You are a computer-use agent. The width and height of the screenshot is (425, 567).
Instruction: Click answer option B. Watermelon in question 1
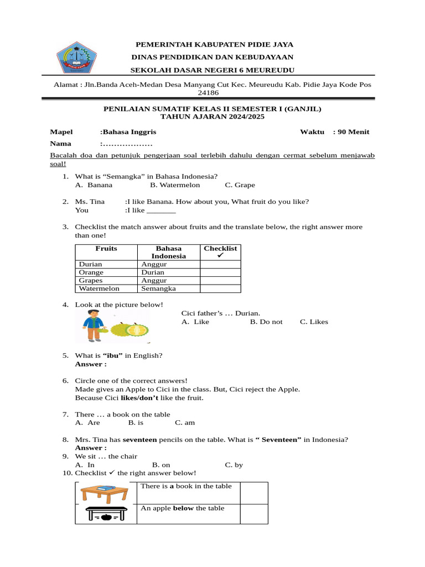(x=175, y=185)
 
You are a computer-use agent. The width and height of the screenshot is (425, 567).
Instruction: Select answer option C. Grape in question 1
(x=240, y=185)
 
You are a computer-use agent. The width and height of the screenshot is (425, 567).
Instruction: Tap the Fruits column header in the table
(x=106, y=249)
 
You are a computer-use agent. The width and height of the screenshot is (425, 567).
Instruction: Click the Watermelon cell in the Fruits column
(x=99, y=288)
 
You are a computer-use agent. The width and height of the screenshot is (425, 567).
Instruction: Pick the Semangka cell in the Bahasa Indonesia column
(x=158, y=288)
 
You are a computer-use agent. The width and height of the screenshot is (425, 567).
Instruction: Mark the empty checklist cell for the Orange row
(x=220, y=272)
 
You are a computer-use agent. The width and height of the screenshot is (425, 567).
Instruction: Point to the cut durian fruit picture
(x=136, y=331)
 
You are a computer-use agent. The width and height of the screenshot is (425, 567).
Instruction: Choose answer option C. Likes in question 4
(x=314, y=322)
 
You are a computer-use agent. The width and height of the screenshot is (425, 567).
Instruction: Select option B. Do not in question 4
(x=266, y=322)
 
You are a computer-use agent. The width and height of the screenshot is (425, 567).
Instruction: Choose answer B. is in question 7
(x=136, y=422)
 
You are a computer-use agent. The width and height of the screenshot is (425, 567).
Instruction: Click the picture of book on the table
(x=105, y=493)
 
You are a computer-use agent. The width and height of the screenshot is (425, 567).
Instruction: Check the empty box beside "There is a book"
(x=254, y=493)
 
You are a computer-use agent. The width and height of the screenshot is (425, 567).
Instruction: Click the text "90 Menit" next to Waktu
(x=354, y=132)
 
